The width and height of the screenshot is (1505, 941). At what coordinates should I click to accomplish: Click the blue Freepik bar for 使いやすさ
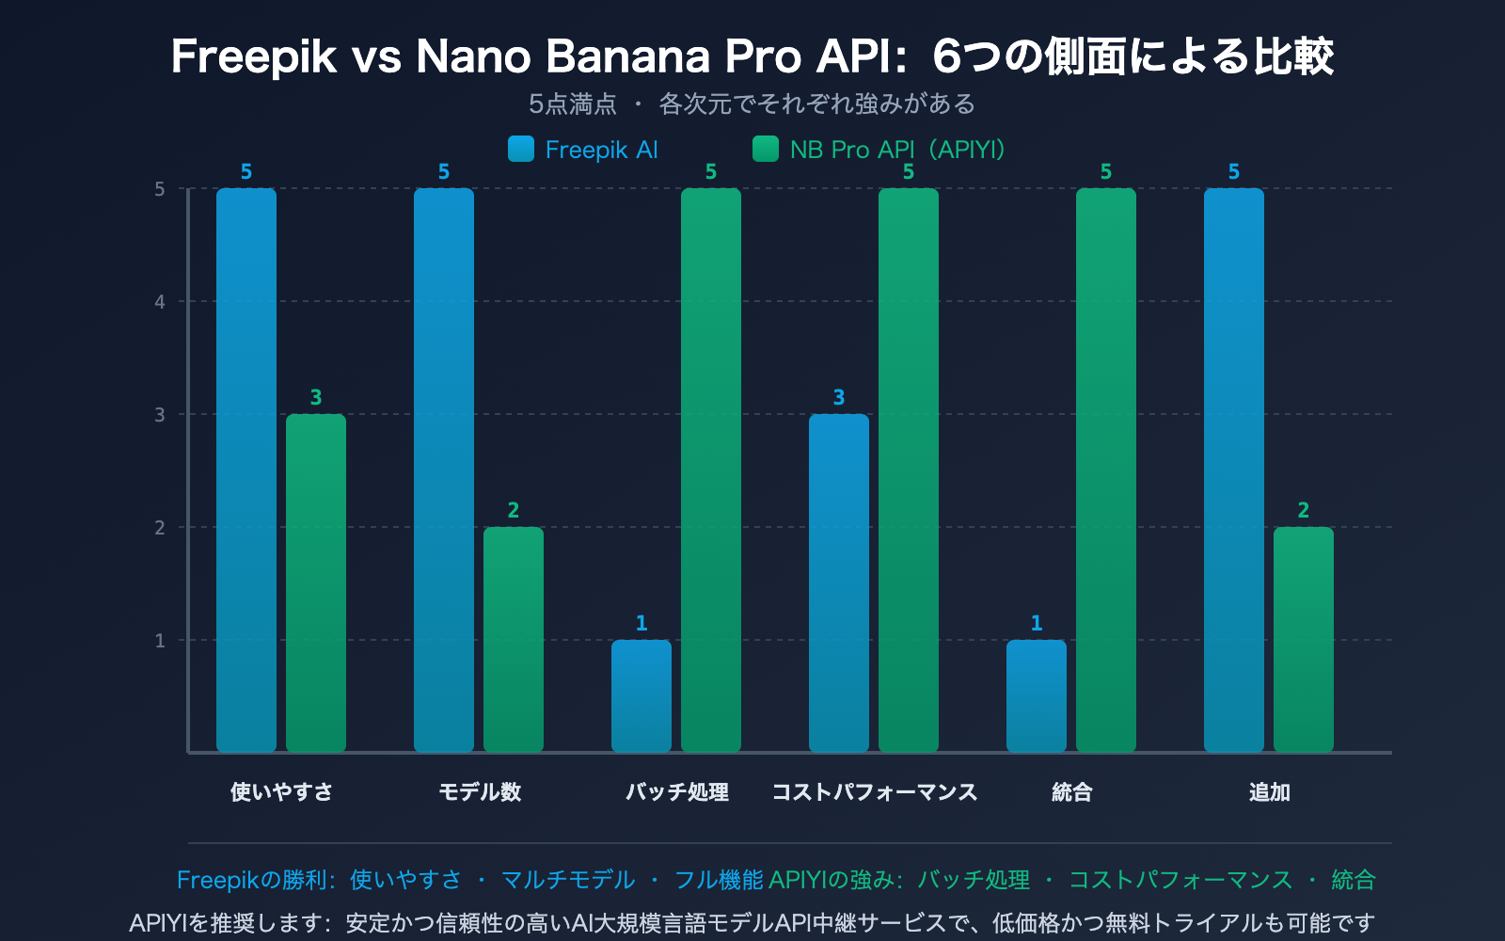[246, 470]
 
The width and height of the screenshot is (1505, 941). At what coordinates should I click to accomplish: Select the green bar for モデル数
[514, 640]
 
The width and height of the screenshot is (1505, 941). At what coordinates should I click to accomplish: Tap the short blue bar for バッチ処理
[642, 696]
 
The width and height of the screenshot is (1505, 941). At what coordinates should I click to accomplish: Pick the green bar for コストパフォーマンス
[909, 470]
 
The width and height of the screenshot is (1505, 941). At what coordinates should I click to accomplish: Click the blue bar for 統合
[1037, 696]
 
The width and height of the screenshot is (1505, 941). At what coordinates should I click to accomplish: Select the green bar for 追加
[1304, 640]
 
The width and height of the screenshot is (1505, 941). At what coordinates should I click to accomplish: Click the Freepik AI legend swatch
[521, 150]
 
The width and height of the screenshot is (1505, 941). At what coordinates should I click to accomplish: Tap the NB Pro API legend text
[898, 150]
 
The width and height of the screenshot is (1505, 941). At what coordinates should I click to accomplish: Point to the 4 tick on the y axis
[160, 302]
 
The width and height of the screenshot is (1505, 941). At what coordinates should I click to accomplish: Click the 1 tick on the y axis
[160, 641]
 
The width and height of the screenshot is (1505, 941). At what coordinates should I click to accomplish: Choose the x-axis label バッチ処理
[677, 792]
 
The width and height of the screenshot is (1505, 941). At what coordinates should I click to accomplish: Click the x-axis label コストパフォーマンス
[875, 792]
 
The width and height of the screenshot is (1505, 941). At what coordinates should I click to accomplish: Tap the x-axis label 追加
[1269, 792]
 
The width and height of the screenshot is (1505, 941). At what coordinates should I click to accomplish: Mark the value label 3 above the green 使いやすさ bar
[316, 398]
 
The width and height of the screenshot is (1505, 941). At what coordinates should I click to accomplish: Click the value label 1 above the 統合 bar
[1037, 624]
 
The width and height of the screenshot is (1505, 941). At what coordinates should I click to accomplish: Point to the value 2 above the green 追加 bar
[1304, 511]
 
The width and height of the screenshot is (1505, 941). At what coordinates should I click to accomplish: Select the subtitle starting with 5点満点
[752, 104]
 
